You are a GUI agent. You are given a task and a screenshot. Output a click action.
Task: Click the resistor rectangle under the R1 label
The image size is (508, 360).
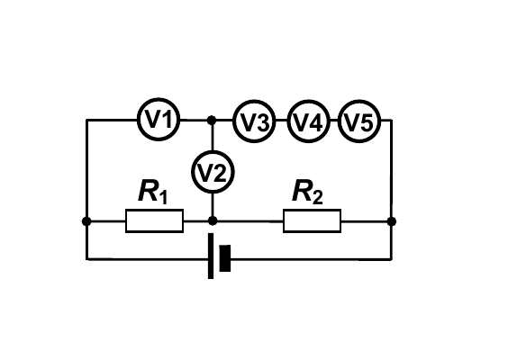pos(155,221)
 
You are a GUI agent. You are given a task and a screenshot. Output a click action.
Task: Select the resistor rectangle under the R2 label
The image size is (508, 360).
pos(312,221)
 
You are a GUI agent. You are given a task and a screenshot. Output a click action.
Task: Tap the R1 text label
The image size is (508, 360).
pos(153,192)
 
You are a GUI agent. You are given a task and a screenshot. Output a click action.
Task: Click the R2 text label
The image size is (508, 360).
pos(307,192)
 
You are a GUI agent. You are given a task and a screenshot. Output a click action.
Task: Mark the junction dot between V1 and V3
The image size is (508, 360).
pos(212,120)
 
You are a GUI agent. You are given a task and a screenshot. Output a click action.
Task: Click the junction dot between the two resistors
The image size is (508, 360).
pos(213,221)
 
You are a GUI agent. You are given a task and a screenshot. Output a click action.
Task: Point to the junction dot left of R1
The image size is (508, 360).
pos(86,221)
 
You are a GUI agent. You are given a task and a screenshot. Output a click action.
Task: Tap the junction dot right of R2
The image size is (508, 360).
pos(392,221)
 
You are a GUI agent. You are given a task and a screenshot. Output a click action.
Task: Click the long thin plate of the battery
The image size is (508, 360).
pos(211,256)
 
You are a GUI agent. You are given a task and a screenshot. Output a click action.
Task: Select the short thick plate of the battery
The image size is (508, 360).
pos(225,258)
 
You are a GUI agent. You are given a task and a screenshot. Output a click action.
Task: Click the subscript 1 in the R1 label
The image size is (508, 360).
pos(164,198)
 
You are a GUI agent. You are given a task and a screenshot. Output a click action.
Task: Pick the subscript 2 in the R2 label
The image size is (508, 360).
pos(318,198)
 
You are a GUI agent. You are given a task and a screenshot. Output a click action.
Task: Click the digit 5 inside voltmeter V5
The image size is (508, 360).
pos(367,123)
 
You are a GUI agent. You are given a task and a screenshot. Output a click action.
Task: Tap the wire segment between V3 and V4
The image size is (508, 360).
pos(282,120)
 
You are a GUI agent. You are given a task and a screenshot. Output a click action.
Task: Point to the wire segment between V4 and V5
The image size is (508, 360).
pos(334,120)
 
